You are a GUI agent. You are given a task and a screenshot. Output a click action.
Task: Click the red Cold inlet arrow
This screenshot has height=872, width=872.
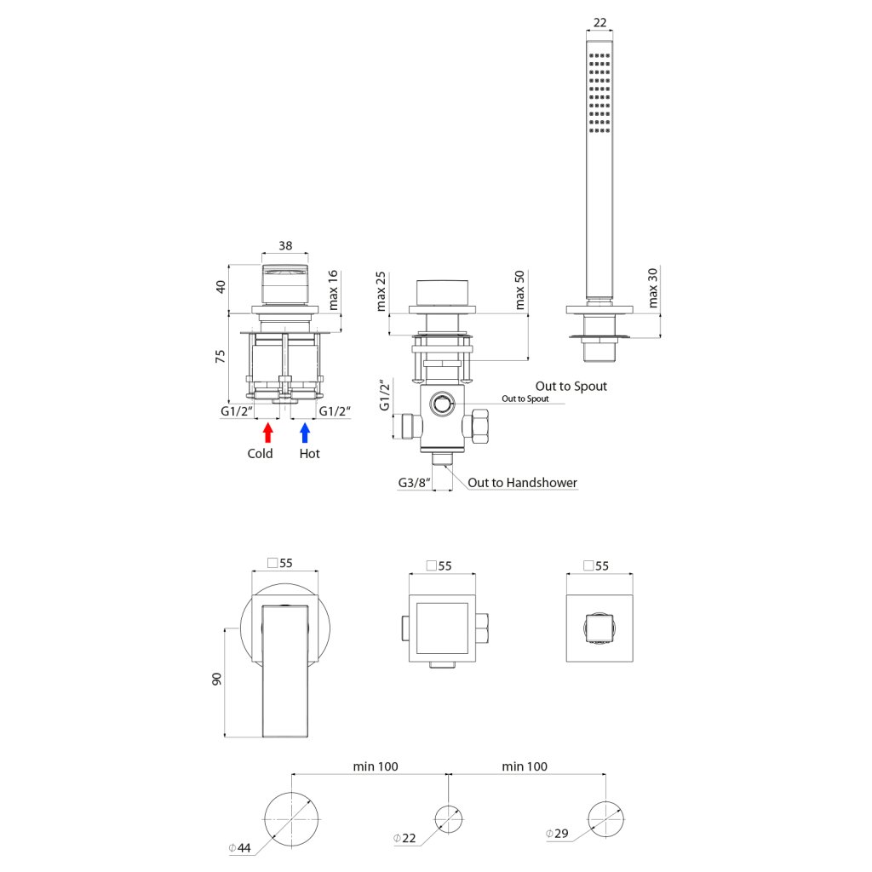[x=267, y=432]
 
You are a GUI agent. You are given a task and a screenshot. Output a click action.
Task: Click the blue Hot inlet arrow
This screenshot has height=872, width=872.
[x=305, y=432]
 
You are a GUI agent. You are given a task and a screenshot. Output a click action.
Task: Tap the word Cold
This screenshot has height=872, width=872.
[x=260, y=454]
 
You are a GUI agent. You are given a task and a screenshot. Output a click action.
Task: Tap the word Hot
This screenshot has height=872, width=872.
[x=310, y=454]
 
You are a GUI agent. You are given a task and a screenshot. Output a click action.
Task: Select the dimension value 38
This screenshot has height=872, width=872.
[x=286, y=245]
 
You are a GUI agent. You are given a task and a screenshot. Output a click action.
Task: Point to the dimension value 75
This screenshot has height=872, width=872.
[x=220, y=356]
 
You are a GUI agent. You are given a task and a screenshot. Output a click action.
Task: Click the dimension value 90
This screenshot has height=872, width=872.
[x=217, y=680]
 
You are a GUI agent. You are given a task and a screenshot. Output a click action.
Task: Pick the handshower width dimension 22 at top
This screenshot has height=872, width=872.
[x=599, y=23]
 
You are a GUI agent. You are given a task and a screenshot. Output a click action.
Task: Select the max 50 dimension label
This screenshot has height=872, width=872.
[x=519, y=291]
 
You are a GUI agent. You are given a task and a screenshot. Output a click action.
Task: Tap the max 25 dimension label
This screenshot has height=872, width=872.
[x=381, y=291]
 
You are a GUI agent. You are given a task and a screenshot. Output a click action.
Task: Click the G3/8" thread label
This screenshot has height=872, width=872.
[x=414, y=483]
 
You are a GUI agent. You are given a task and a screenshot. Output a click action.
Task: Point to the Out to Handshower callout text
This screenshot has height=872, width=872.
[x=523, y=483]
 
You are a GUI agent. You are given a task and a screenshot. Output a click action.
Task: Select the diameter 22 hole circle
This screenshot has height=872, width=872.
[x=450, y=818]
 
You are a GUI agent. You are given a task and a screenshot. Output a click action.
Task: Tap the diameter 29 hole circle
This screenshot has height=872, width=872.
[x=607, y=818]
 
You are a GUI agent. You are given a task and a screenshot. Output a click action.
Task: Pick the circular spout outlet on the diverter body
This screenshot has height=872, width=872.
[x=441, y=404]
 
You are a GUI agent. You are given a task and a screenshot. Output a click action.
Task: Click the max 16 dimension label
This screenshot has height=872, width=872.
[x=333, y=290]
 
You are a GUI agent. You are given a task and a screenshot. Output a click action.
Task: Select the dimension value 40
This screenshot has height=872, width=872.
[x=220, y=286]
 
